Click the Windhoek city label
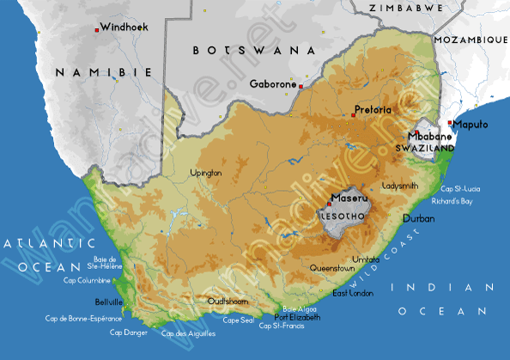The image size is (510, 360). point(124,27)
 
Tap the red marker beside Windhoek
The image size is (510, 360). point(96,30)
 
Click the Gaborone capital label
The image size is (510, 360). point(272,84)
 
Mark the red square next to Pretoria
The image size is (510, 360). point(353,114)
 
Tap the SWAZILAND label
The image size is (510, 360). point(424,149)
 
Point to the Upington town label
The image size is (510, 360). point(205,173)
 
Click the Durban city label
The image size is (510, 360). point(419,219)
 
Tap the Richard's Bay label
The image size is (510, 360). point(452,201)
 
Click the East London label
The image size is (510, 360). point(353,294)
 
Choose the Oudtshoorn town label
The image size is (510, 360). point(228,302)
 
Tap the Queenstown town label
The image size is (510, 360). point(332,268)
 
